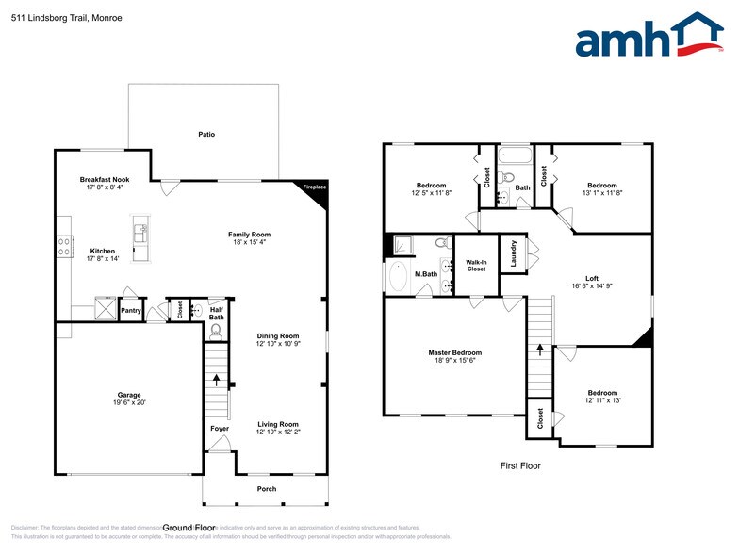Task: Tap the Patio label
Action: [x=206, y=135]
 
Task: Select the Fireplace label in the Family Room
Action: [x=314, y=187]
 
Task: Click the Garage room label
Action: [x=129, y=395]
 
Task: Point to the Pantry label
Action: [x=131, y=310]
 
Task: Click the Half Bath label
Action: [x=216, y=314]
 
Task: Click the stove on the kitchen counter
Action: [x=64, y=246]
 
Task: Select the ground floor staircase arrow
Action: [x=217, y=381]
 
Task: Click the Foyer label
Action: [x=219, y=429]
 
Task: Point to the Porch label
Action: [x=268, y=489]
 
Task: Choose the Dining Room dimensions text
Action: [x=278, y=344]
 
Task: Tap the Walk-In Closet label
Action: [x=476, y=265]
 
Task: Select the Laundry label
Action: [x=513, y=254]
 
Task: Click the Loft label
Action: [x=591, y=278]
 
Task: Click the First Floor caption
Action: [x=519, y=465]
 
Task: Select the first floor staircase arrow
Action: [x=540, y=349]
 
